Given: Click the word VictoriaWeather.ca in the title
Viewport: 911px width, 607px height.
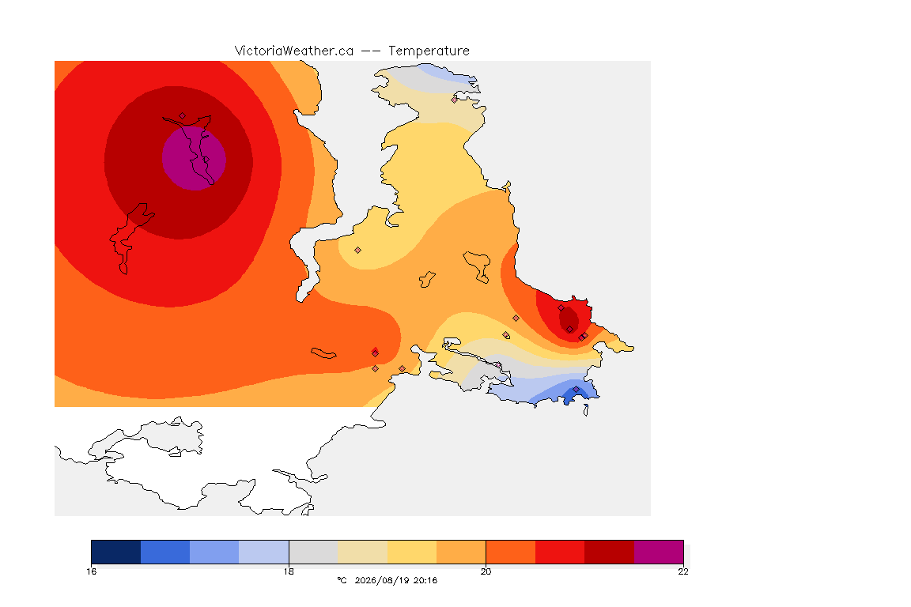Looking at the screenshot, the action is pos(294,51).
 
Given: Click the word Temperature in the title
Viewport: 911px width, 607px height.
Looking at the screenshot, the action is pos(429,51).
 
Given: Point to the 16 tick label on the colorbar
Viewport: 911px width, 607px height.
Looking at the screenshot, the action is pos(91,571).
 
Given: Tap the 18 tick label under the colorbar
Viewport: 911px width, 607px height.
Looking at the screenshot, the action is pos(289,571).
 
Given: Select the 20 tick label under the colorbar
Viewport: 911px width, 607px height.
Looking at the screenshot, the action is pos(486,571).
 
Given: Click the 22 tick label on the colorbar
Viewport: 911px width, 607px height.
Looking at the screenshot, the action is pos(683,571).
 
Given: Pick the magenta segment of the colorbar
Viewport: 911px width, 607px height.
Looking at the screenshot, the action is pos(658,552).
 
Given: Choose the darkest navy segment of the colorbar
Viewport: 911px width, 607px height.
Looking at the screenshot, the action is pos(116,552).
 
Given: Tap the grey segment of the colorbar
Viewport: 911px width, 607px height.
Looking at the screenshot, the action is pos(313,552).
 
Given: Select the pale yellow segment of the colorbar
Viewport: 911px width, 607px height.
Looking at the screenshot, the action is pos(412,552).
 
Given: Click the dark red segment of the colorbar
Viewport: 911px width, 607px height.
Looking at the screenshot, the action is pos(609,552).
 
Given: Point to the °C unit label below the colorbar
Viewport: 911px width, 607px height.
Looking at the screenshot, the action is pos(342,580).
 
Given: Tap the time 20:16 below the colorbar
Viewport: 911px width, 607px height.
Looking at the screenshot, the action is pos(425,580).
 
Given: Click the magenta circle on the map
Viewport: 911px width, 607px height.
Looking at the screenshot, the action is pos(194,159).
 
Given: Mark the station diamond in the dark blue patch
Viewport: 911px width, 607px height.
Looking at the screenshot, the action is pos(576,389).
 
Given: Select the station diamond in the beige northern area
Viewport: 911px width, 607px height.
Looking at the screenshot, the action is pos(455,100).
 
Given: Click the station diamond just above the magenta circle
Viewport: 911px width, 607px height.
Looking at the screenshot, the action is pos(183,116).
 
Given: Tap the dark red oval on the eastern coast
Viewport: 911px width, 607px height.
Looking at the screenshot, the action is pos(569,319).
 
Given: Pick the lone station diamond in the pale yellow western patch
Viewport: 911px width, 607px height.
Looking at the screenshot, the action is pos(358,251).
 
